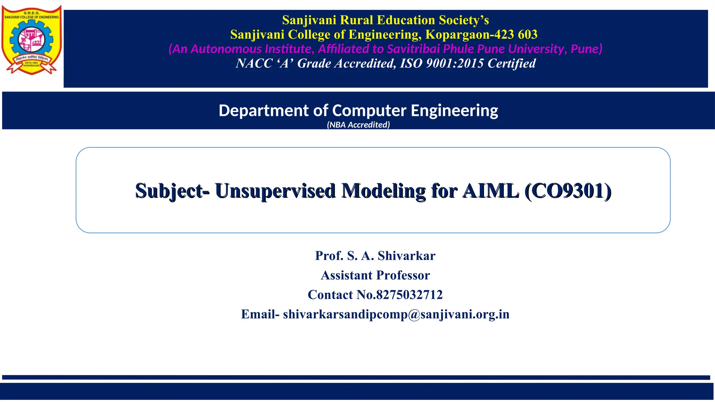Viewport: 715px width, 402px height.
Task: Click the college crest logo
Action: (32, 40)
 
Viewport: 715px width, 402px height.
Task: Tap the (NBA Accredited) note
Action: (358, 125)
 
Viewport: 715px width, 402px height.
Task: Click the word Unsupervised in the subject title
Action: (275, 191)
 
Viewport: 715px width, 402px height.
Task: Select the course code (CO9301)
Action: (568, 191)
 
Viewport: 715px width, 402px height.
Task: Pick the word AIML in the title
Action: (491, 191)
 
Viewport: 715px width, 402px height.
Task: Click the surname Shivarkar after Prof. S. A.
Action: (406, 256)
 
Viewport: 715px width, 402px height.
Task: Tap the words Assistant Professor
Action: (375, 275)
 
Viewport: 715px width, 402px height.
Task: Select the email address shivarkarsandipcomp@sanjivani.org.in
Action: (396, 314)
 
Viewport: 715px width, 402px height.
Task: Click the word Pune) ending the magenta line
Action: (587, 49)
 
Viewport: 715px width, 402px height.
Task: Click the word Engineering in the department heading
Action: (454, 111)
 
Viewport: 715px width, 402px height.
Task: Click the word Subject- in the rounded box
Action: (172, 191)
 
